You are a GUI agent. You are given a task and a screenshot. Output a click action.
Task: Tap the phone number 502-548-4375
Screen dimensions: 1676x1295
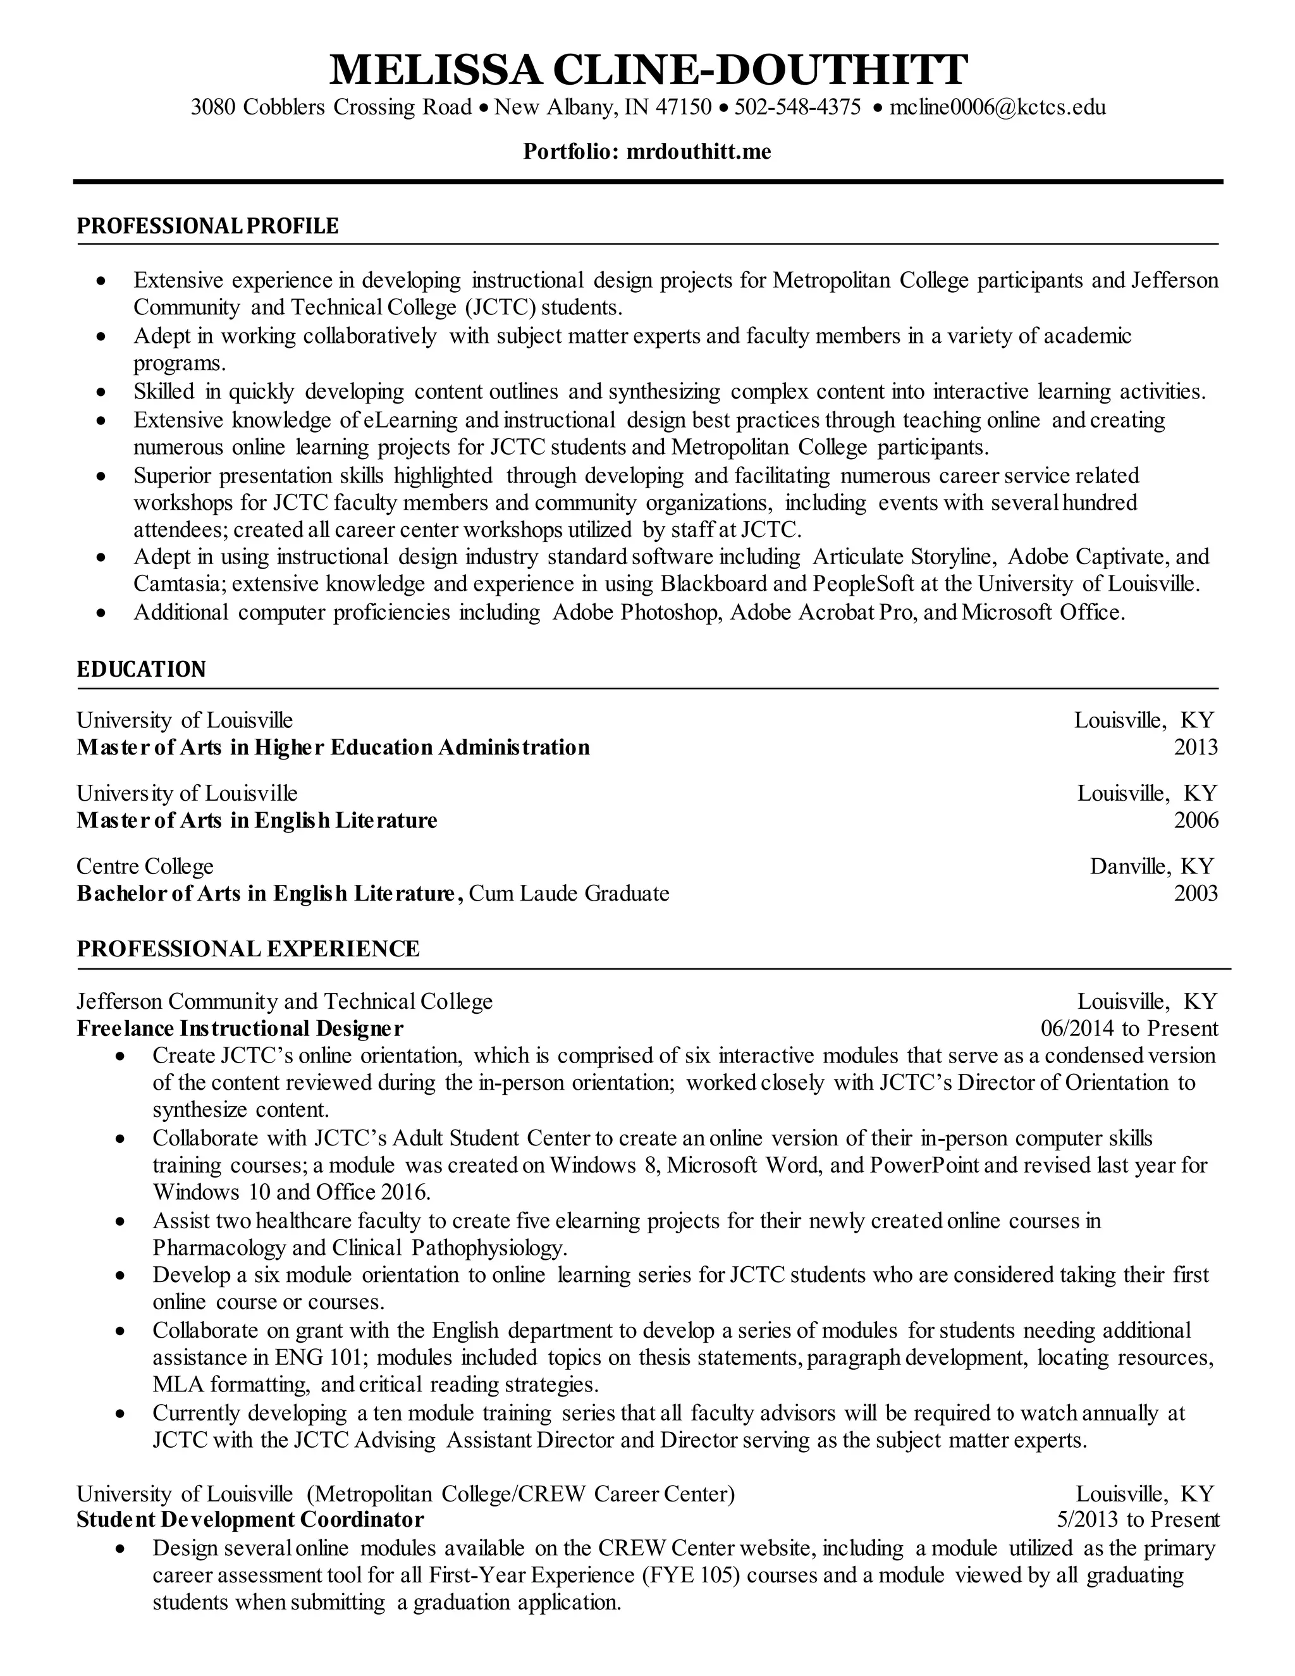797,107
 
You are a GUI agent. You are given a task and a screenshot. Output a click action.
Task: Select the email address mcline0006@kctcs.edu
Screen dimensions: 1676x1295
997,107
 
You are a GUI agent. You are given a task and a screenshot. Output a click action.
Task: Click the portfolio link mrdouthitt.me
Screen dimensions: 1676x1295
698,152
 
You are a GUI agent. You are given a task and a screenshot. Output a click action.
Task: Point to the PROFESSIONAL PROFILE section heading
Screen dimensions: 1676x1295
207,226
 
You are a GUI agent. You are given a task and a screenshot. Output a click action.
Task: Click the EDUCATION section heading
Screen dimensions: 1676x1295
141,669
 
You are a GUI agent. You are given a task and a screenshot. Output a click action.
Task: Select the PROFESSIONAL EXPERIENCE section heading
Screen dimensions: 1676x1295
248,949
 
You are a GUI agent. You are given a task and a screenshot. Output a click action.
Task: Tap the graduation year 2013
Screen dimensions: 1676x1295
1195,748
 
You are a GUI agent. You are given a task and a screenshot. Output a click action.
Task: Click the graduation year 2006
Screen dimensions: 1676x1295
1195,820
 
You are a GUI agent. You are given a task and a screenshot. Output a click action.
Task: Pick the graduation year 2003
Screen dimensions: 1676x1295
1195,893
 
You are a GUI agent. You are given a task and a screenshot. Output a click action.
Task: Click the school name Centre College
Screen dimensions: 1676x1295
145,866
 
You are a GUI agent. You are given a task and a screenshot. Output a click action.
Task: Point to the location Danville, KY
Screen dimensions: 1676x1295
1151,866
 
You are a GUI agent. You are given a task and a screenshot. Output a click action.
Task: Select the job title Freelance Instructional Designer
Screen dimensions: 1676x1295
240,1028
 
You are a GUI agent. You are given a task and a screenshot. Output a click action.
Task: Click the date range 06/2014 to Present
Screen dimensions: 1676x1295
1129,1028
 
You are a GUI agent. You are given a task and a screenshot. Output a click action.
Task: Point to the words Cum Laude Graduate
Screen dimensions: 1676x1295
568,893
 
